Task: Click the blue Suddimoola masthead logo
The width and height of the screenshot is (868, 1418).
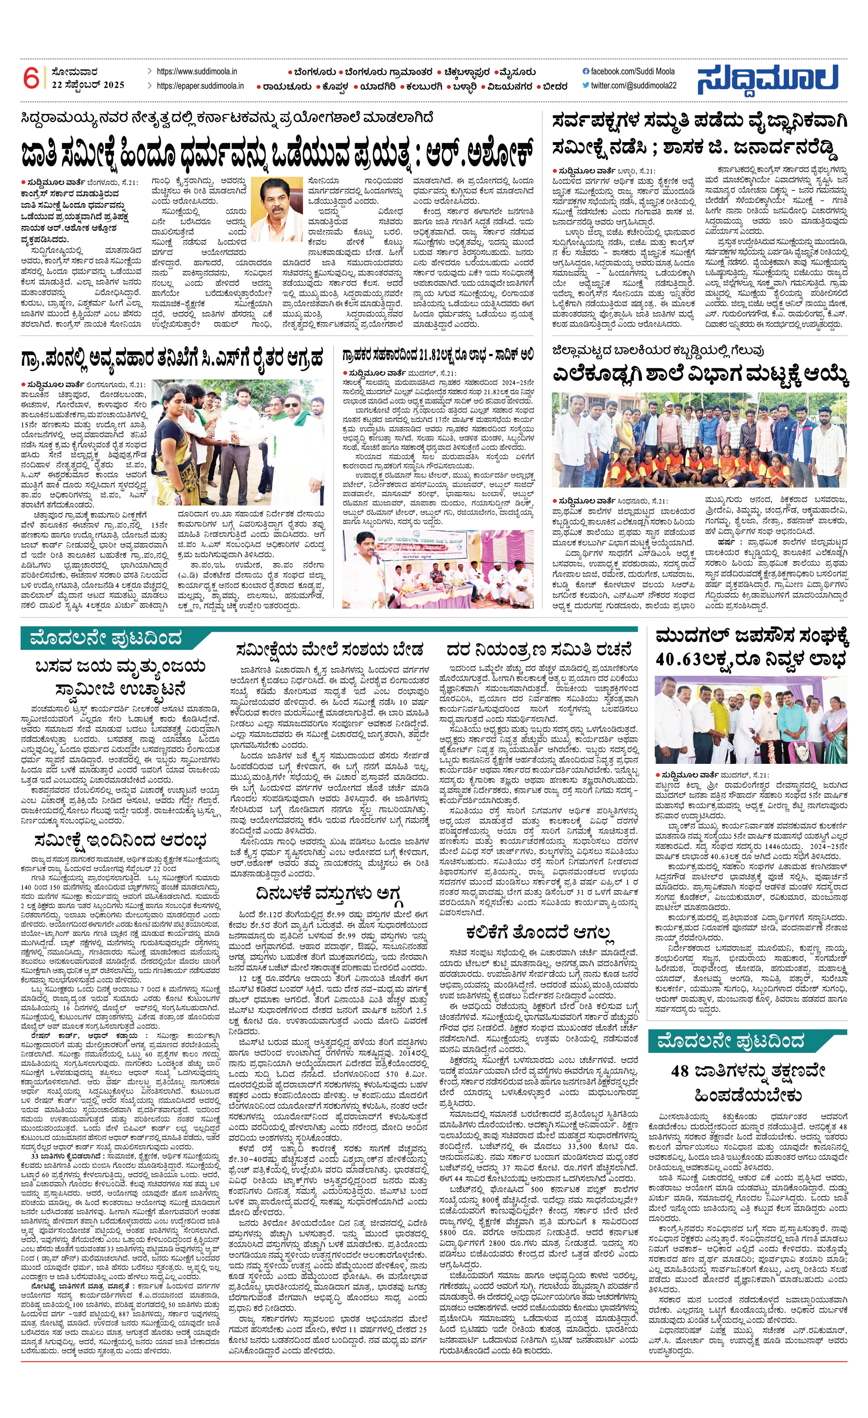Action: [768, 79]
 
